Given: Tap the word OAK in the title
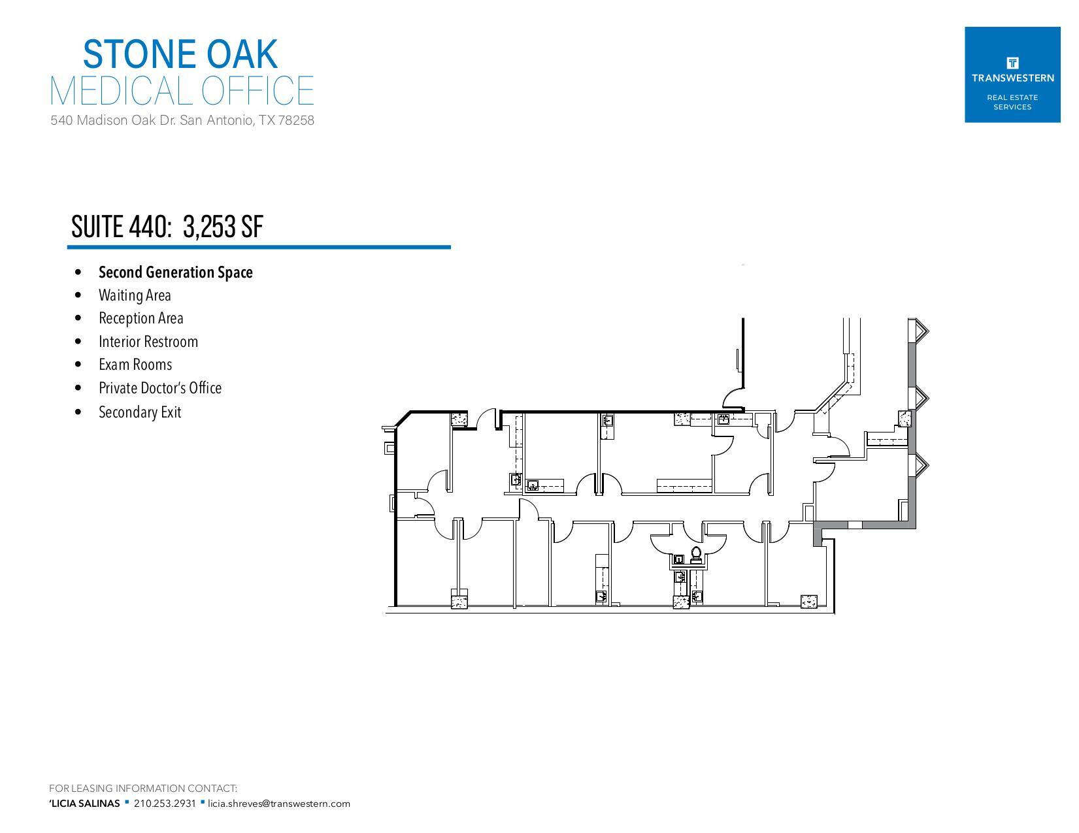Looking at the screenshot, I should pyautogui.click(x=242, y=54).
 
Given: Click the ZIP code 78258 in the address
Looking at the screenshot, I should pyautogui.click(x=296, y=120).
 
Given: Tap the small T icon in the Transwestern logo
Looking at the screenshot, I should pyautogui.click(x=1012, y=63).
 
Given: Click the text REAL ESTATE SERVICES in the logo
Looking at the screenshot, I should pyautogui.click(x=1012, y=102).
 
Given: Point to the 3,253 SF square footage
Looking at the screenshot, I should pyautogui.click(x=224, y=227).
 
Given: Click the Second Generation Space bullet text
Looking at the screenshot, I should pyautogui.click(x=175, y=272).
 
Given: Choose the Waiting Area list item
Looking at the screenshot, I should pyautogui.click(x=135, y=295).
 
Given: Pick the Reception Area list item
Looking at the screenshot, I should pyautogui.click(x=141, y=318).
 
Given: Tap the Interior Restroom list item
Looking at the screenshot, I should pyautogui.click(x=148, y=342).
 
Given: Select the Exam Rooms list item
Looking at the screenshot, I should pyautogui.click(x=135, y=365).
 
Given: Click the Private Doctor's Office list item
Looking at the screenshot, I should pyautogui.click(x=160, y=388).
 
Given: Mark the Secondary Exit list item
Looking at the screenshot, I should pyautogui.click(x=139, y=412).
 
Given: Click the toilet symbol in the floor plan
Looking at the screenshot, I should pyautogui.click(x=696, y=556).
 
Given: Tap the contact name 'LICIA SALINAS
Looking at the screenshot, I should pyautogui.click(x=84, y=804).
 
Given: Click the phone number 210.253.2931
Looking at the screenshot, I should pyautogui.click(x=165, y=804).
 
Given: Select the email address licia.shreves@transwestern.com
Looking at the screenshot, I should pyautogui.click(x=279, y=804).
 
